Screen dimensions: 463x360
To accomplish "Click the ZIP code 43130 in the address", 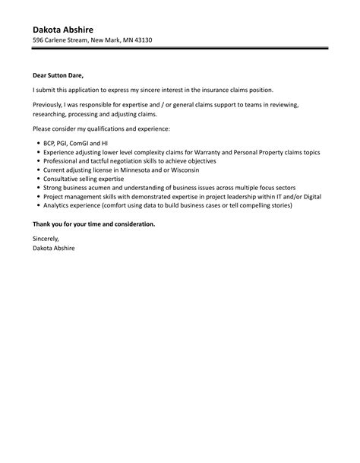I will [142, 40].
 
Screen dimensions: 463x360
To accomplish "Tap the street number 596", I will [38, 40].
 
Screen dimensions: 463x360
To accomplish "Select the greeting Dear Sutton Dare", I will [58, 76].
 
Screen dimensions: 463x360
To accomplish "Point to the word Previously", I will [48, 103].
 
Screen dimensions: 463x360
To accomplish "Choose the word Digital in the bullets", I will [309, 196].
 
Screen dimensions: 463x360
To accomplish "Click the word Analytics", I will [57, 205].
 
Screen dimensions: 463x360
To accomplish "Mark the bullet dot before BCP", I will [37, 143].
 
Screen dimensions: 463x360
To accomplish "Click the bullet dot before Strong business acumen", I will [37, 188].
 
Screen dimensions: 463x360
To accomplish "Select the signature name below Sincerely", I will [54, 248].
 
